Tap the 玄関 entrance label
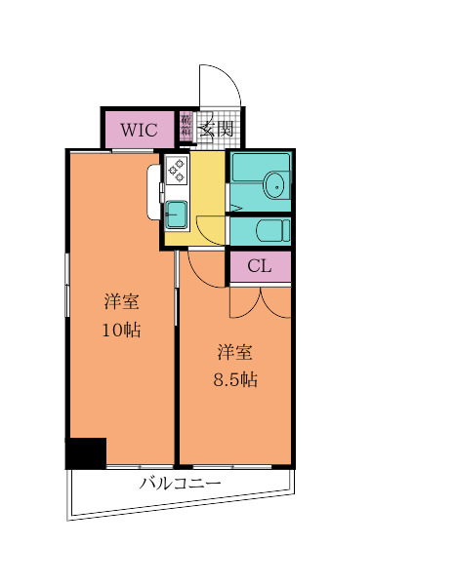point(216,128)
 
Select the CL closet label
point(259,266)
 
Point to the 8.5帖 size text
point(234,380)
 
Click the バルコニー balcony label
point(180,483)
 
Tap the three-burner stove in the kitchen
point(177,170)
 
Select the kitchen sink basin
point(177,213)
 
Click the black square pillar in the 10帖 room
point(86,453)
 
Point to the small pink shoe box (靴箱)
point(186,127)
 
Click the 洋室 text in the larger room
point(121,300)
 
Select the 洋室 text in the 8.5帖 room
point(234,351)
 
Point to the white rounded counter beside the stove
point(154,192)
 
